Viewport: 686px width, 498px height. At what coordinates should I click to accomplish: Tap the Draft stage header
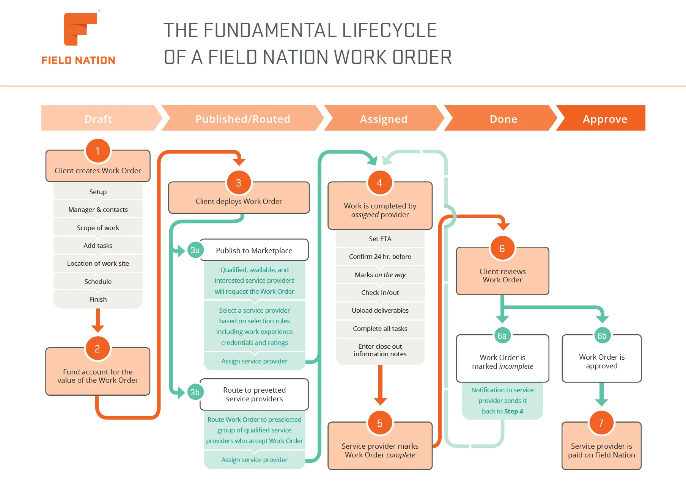pyautogui.click(x=98, y=119)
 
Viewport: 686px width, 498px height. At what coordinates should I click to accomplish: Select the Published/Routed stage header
pyautogui.click(x=243, y=119)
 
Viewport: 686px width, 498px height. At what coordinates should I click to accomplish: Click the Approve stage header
pyautogui.click(x=604, y=119)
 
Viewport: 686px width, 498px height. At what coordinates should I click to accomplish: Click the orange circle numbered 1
pyautogui.click(x=98, y=151)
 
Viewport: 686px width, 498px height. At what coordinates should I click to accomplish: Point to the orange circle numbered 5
pyautogui.click(x=379, y=423)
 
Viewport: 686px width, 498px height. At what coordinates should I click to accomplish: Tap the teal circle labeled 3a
pyautogui.click(x=195, y=250)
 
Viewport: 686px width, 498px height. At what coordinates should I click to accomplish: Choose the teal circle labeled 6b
pyautogui.click(x=602, y=336)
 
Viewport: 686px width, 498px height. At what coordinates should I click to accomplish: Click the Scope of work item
pyautogui.click(x=98, y=227)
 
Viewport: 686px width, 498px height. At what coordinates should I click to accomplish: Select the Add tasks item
pyautogui.click(x=98, y=245)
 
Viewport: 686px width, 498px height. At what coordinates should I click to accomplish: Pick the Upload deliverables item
pyautogui.click(x=380, y=310)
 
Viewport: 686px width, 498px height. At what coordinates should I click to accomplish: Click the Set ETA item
pyautogui.click(x=380, y=239)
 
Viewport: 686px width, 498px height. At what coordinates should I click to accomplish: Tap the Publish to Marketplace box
pyautogui.click(x=254, y=250)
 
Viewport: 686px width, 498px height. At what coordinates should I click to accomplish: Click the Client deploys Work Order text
pyautogui.click(x=239, y=201)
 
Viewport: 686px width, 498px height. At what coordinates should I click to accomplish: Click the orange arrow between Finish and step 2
pyautogui.click(x=98, y=320)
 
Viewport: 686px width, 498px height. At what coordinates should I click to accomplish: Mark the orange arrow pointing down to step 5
pyautogui.click(x=380, y=385)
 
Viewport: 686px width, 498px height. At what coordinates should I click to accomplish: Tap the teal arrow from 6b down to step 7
pyautogui.click(x=601, y=394)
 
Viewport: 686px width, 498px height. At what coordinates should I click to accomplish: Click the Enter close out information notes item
pyautogui.click(x=380, y=350)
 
